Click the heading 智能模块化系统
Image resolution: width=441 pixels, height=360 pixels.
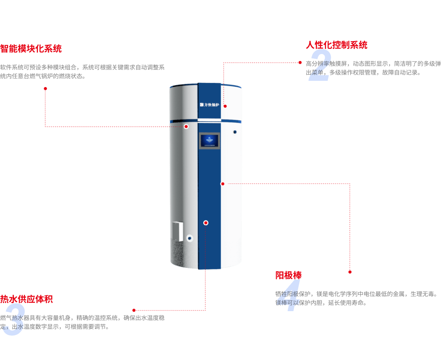point(31,49)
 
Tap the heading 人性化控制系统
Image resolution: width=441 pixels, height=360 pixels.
point(336,45)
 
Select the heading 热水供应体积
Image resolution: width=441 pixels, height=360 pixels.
point(26,299)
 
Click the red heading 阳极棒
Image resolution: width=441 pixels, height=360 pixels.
point(288,275)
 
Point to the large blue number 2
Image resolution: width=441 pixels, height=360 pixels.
point(320,66)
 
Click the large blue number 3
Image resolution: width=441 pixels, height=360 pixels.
point(13,319)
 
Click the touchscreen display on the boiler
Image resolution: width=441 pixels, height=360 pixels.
point(209,141)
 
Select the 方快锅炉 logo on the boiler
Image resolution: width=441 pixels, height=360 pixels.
point(209,105)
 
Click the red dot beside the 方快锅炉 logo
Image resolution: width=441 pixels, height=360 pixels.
point(225,106)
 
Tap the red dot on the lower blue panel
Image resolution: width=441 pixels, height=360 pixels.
point(206,223)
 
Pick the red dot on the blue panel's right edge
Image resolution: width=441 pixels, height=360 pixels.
point(222,184)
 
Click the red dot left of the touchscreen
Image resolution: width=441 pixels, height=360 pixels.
point(186,126)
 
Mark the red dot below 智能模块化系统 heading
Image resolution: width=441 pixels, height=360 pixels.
point(45,89)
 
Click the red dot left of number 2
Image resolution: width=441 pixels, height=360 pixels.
point(300,62)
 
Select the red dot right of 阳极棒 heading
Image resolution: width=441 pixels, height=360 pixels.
point(350,272)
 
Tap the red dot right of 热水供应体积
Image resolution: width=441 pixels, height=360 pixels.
point(134,310)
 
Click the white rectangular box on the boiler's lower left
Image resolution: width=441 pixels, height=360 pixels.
point(178,231)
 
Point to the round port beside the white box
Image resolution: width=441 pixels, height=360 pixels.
point(190,238)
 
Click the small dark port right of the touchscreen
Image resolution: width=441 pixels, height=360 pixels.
point(235,132)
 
